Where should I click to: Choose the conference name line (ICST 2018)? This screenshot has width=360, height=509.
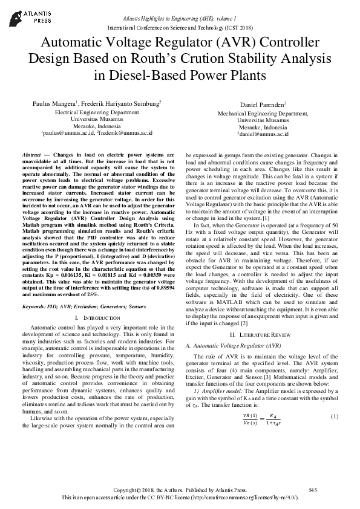coord(180,28)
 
